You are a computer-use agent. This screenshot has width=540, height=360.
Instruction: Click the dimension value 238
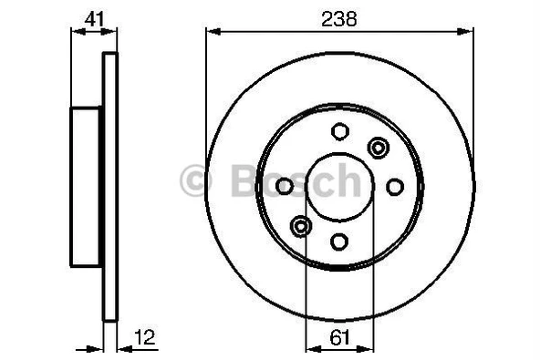point(338,17)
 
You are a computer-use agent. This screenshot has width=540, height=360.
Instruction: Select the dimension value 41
point(94,17)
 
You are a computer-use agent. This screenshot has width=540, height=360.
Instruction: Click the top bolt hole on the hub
point(339,131)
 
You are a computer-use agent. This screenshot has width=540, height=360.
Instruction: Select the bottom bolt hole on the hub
point(339,242)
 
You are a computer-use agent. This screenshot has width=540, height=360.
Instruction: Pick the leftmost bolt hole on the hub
point(285,186)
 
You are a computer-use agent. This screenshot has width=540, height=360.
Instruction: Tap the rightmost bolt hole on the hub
point(395,186)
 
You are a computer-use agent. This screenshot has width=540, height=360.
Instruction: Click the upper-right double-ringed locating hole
point(378,147)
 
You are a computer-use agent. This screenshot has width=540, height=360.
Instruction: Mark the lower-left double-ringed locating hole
point(301,225)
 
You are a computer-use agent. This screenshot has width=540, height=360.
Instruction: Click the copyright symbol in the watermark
point(198,180)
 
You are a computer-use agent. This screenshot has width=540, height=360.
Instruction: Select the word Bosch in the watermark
point(292,180)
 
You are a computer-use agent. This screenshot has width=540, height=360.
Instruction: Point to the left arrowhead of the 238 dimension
point(212,32)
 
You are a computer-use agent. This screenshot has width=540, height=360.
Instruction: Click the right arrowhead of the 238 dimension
point(469,32)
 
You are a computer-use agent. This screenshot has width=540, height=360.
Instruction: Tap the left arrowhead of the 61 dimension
point(309,347)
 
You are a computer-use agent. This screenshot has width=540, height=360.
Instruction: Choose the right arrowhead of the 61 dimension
point(369,347)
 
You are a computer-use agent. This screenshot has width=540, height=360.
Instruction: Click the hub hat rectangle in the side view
point(87,186)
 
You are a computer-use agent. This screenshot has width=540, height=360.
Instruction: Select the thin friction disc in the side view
point(110,186)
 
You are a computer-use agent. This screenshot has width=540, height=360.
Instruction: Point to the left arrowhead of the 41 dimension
point(76,32)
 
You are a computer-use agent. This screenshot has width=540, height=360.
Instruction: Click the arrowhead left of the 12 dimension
point(97,347)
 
